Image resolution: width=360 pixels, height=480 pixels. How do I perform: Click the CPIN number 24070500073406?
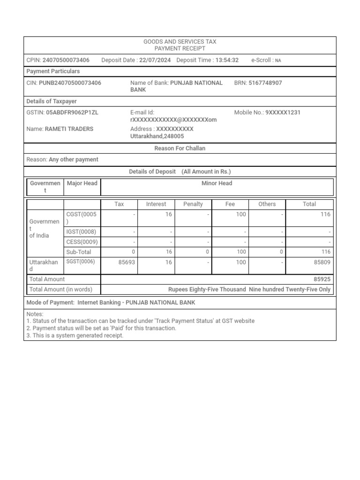point(66,60)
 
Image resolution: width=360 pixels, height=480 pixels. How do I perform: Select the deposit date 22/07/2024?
point(155,60)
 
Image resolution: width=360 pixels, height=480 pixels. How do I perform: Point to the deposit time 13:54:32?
point(227,60)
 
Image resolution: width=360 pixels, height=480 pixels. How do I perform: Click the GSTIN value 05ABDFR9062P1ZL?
point(72,112)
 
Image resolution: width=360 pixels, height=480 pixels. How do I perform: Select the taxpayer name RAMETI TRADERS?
point(69,129)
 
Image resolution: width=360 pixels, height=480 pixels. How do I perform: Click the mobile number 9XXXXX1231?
point(283,112)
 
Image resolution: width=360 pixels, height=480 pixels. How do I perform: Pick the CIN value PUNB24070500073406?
point(70,82)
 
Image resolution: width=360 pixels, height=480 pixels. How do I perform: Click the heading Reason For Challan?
point(180,148)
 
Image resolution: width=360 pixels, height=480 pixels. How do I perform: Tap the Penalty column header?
point(193,204)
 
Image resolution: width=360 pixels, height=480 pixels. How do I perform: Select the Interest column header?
point(156,204)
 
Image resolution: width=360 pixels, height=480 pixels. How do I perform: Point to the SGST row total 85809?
point(322,262)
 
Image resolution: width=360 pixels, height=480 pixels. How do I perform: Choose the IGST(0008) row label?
point(81,232)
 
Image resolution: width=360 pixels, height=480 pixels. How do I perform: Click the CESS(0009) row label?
point(82,242)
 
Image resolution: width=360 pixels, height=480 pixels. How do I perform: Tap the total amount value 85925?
point(322,279)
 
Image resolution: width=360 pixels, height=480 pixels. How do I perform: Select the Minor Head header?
point(217,183)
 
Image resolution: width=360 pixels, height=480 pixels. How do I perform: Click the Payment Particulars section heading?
point(53,71)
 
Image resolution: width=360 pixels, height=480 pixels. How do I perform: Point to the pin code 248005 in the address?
point(174,136)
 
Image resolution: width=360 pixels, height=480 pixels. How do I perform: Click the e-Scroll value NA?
point(278,60)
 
